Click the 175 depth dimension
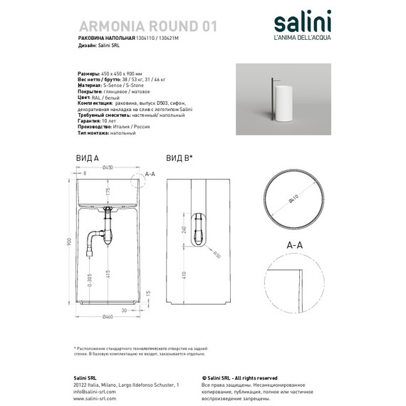pos(108,192)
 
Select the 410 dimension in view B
pos(184,274)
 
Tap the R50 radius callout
pos(217,256)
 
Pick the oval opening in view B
pos(204,229)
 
